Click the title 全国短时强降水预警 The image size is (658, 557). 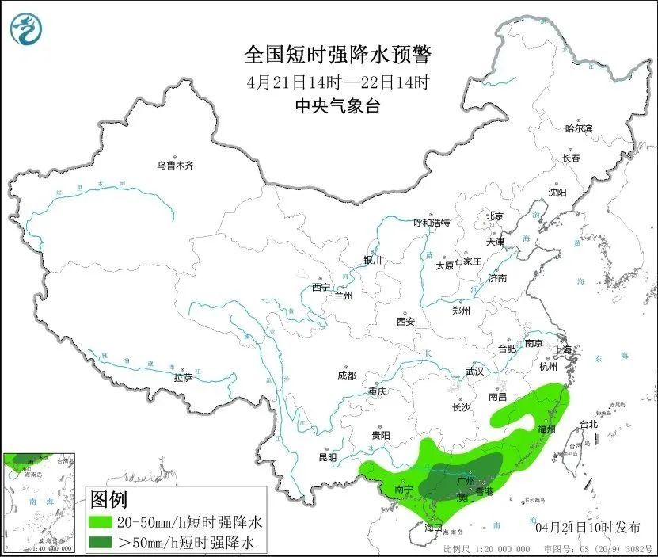tap(338, 55)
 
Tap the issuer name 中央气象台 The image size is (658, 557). tap(338, 105)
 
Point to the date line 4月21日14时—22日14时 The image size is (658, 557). tap(338, 82)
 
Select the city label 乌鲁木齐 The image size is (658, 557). tap(175, 166)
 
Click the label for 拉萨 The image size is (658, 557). tap(183, 378)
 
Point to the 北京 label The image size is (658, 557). tap(495, 216)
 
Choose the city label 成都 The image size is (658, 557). tap(347, 375)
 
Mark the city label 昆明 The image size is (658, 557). tap(327, 457)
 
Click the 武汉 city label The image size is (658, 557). tap(475, 371)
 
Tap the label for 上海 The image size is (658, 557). tap(564, 349)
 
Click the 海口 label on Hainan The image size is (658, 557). tap(432, 527)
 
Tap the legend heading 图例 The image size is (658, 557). tap(108, 500)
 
